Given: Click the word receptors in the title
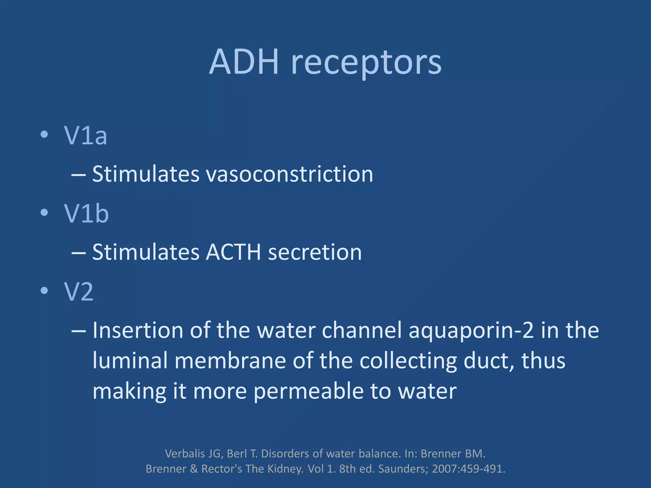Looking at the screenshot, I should [366, 64].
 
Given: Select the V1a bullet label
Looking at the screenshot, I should [86, 136].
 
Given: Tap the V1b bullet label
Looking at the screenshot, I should [86, 213].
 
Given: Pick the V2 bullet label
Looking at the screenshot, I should [79, 292].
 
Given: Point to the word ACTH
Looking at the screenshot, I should [233, 252].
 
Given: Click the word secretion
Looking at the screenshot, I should [315, 252].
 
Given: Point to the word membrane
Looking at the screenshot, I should [230, 361].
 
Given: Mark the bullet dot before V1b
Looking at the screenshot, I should [44, 213].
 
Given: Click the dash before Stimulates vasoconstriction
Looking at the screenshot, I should [79, 175].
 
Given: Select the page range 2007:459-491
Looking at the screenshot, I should [468, 469].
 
